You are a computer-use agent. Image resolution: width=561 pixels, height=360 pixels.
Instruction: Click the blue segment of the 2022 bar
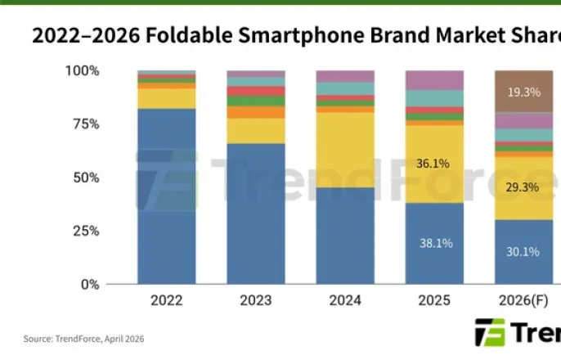tap(166, 196)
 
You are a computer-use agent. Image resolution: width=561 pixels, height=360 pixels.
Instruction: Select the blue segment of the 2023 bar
tap(255, 214)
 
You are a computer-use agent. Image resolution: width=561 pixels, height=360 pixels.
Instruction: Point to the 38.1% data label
tap(433, 243)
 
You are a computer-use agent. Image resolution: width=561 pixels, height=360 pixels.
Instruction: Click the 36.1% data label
tap(433, 164)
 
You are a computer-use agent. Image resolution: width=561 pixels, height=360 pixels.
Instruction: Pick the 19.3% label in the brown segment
tap(523, 92)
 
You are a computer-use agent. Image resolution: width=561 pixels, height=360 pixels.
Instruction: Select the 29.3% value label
tap(523, 188)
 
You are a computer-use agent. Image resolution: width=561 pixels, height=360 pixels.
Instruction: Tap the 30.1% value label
tap(523, 252)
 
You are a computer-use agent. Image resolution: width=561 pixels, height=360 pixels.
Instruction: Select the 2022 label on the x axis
tap(166, 300)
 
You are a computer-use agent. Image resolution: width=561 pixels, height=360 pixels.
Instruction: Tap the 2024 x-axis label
tap(344, 300)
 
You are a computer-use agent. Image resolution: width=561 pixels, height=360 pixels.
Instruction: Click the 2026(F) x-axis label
tap(523, 300)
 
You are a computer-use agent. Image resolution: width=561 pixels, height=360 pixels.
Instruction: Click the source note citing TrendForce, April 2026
tap(84, 339)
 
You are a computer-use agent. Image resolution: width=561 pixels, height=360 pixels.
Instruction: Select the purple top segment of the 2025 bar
tap(433, 80)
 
